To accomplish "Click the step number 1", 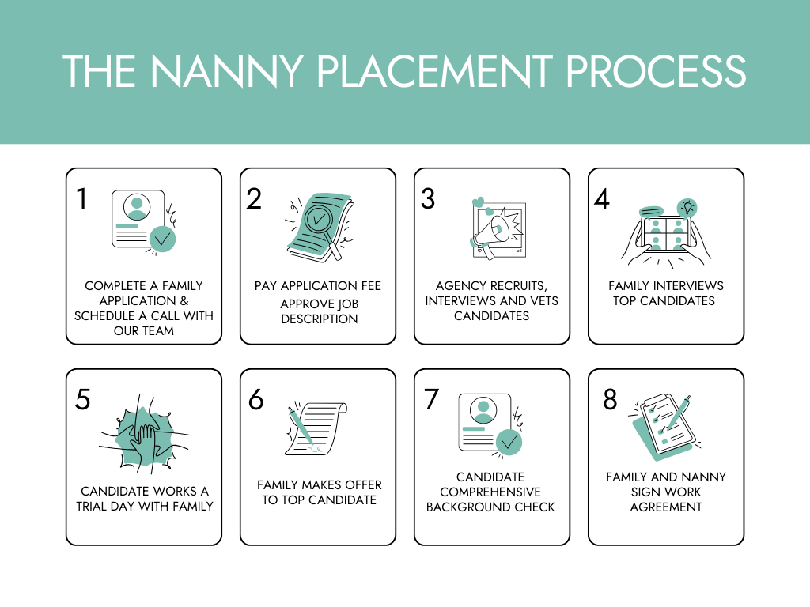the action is [x=81, y=198].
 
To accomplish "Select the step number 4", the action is [x=602, y=198].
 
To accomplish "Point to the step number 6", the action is [x=255, y=400].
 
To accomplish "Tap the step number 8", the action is [x=610, y=400].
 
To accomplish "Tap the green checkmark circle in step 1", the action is [x=162, y=238].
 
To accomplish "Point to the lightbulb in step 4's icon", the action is [x=687, y=208].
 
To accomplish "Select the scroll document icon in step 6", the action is [x=317, y=428].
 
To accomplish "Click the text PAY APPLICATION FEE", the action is [x=317, y=285].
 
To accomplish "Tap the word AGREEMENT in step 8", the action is [x=666, y=507].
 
